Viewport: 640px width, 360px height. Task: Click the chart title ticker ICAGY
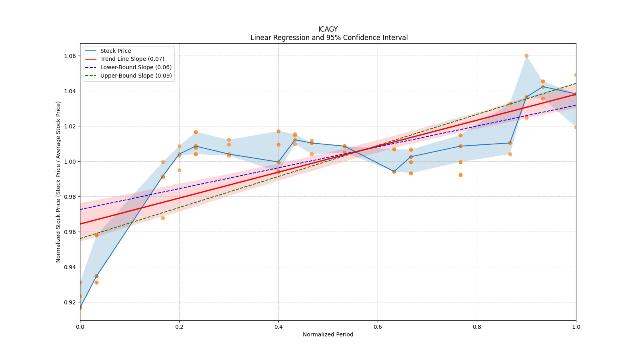(328, 29)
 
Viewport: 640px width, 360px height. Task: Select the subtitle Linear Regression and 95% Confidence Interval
(329, 38)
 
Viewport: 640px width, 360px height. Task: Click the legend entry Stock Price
(116, 51)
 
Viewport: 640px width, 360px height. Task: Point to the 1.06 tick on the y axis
(70, 56)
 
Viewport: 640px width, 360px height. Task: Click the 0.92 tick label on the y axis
(70, 302)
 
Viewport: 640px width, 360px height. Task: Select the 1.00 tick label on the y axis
(70, 162)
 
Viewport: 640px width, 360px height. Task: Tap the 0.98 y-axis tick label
(70, 197)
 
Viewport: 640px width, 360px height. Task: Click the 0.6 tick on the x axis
(378, 326)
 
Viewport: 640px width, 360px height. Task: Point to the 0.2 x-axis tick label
(179, 326)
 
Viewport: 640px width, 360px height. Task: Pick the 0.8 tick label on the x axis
(477, 326)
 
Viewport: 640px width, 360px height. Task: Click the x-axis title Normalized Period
(328, 334)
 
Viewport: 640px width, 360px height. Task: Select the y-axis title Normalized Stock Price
(58, 182)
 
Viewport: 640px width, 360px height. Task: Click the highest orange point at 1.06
(526, 56)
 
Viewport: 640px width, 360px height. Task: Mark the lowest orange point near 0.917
(80, 308)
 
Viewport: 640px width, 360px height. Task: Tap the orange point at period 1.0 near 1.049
(576, 75)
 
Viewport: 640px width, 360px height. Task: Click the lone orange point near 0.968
(163, 218)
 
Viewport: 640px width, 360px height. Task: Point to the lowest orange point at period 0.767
(460, 175)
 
